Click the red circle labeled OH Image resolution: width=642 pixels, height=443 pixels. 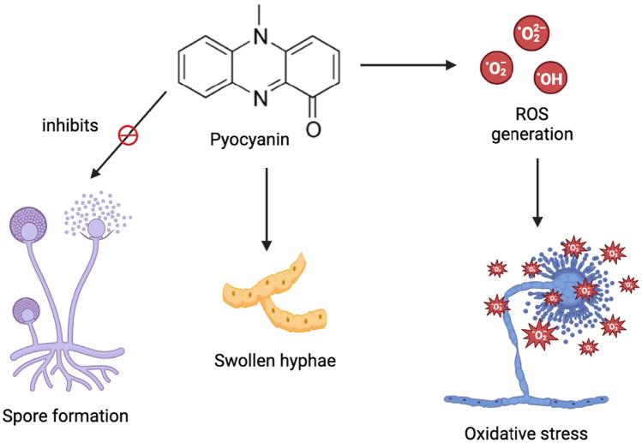pyautogui.click(x=549, y=80)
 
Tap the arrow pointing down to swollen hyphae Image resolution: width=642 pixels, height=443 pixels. pyautogui.click(x=267, y=206)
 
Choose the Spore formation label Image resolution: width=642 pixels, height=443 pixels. pyautogui.click(x=66, y=416)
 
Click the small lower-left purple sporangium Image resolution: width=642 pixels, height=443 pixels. pyautogui.click(x=28, y=308)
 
